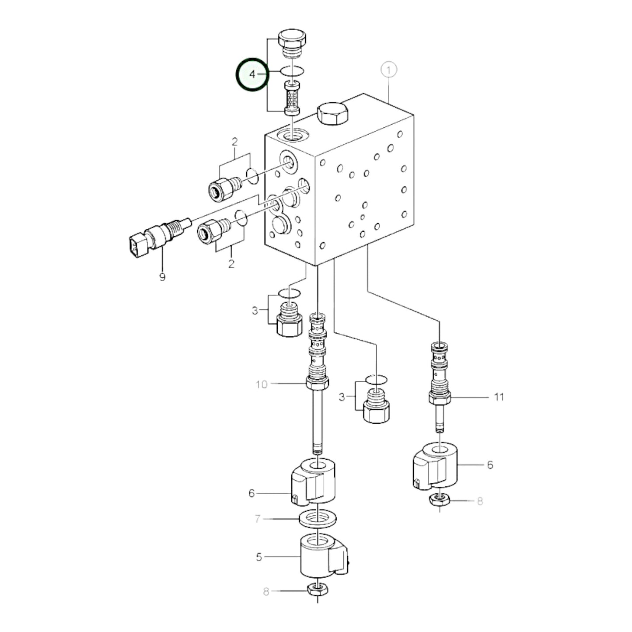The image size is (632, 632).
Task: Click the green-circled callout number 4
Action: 252,75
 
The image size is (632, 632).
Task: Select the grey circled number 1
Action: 388,70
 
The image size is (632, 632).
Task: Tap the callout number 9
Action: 162,277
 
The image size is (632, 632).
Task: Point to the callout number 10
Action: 261,384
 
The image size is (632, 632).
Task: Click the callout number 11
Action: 499,397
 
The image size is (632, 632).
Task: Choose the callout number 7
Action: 258,519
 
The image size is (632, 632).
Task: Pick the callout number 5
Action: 259,557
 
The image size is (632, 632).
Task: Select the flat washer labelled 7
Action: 318,519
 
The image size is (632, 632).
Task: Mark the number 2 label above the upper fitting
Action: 234,142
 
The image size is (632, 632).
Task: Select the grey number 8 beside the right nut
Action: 479,501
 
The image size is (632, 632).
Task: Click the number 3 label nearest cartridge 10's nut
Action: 342,397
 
